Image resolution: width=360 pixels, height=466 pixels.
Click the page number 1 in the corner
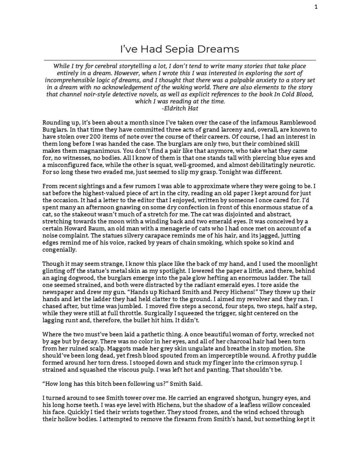(x=316, y=7)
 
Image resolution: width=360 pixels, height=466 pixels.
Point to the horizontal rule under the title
(x=180, y=60)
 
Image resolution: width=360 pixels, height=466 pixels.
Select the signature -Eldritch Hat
(x=180, y=108)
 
